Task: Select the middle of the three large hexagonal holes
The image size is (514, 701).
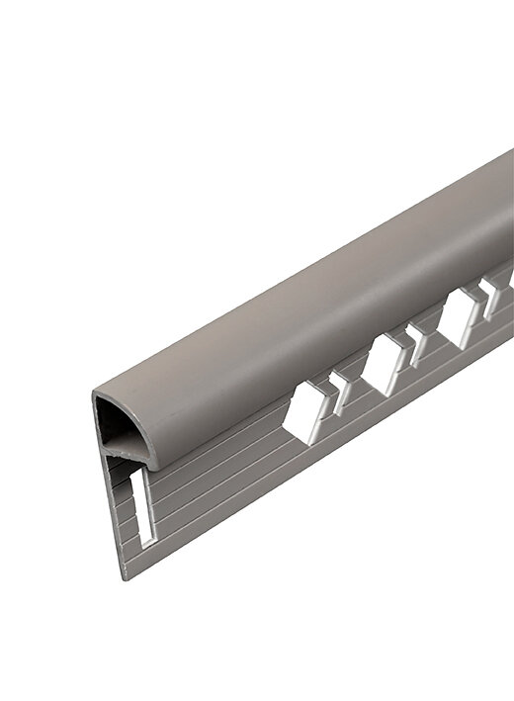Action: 383,363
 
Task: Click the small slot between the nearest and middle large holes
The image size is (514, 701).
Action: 341,392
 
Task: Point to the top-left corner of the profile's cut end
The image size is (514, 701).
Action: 95,396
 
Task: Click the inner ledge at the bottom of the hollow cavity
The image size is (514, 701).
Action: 124,450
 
